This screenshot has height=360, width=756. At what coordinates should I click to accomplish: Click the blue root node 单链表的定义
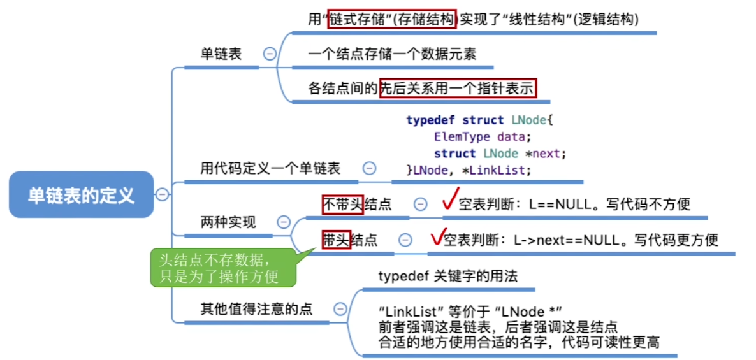point(81,194)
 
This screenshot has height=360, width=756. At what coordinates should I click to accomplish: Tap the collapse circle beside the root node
point(162,194)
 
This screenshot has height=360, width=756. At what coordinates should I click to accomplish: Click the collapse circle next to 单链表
point(270,54)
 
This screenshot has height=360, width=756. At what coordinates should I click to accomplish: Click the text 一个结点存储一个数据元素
point(393,54)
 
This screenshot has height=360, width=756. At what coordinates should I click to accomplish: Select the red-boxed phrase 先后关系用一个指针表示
point(458,88)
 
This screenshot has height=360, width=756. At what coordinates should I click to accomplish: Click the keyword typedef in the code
point(431,120)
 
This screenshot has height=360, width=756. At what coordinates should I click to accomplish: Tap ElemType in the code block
point(462,136)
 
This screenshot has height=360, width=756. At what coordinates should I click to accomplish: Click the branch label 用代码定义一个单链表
point(270,169)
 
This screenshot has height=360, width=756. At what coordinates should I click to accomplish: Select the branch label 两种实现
point(228,222)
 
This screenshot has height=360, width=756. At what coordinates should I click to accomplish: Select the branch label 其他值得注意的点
point(256,309)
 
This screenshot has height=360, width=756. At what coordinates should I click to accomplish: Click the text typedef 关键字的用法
point(448,276)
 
